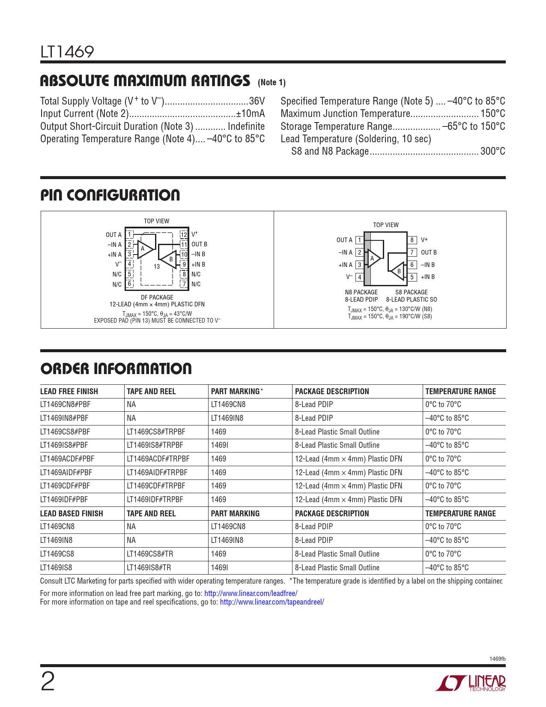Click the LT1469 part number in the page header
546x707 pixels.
pyautogui.click(x=67, y=52)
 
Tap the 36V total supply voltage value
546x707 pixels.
pyautogui.click(x=257, y=101)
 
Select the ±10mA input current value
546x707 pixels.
pyautogui.click(x=251, y=114)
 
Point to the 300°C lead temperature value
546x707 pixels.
pyautogui.click(x=492, y=151)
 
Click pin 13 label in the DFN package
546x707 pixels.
pyautogui.click(x=157, y=267)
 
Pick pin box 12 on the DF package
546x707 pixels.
pyautogui.click(x=184, y=234)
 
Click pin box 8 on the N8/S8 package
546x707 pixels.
pyautogui.click(x=412, y=240)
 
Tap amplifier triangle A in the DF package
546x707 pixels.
pyautogui.click(x=144, y=249)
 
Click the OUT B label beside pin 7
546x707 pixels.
pyautogui.click(x=429, y=252)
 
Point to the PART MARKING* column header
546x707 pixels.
pyautogui.click(x=237, y=391)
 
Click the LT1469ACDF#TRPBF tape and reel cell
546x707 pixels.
pyautogui.click(x=158, y=459)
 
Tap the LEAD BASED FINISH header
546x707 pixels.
pyautogui.click(x=72, y=513)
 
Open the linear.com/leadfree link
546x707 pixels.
pyautogui.click(x=251, y=593)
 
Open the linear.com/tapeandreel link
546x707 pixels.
pyautogui.click(x=272, y=602)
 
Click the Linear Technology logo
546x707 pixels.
pyautogui.click(x=471, y=683)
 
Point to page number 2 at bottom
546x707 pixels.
pyautogui.click(x=48, y=682)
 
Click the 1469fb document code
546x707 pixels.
pyautogui.click(x=497, y=659)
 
